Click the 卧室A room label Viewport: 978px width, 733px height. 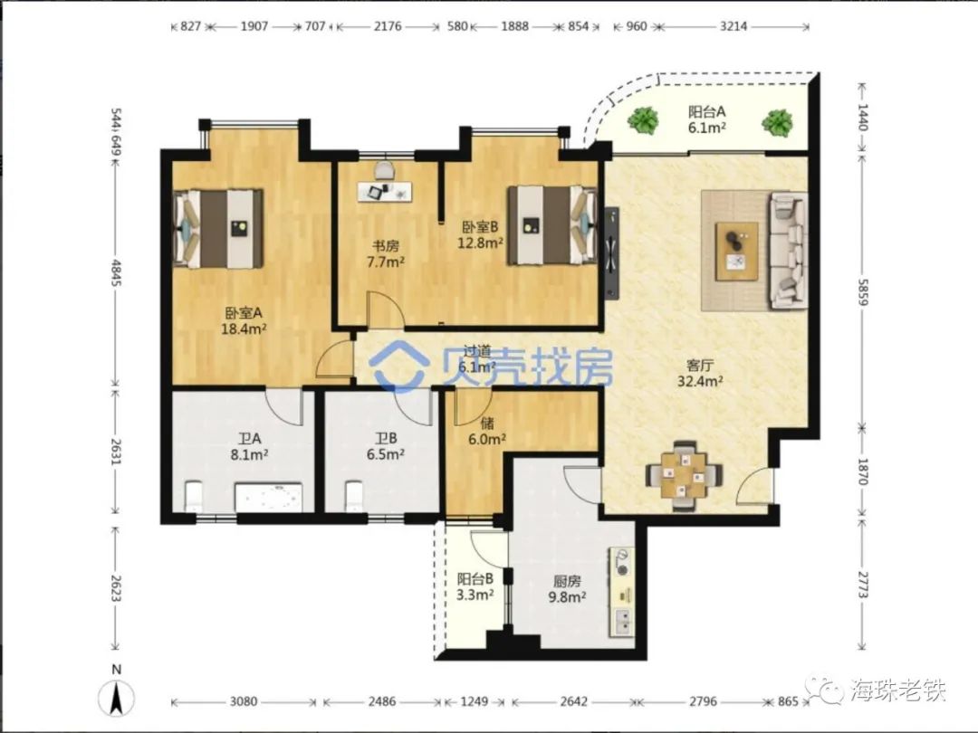[244, 319]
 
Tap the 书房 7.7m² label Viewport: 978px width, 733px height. [384, 253]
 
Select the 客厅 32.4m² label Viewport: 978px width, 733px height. [700, 373]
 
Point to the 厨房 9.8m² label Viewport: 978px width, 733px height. [566, 589]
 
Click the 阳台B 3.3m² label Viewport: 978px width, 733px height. [475, 586]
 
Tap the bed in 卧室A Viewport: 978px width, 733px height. [218, 228]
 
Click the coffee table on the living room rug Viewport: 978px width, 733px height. [736, 252]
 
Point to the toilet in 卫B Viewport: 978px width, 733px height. [354, 496]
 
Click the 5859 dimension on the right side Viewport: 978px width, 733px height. [863, 290]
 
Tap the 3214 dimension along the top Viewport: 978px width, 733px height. [733, 26]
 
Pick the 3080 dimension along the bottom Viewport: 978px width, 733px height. [244, 701]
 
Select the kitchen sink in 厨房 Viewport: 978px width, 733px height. [622, 622]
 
